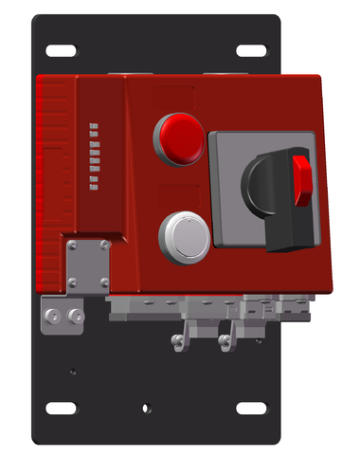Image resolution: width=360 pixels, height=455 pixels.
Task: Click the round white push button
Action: coord(183,235)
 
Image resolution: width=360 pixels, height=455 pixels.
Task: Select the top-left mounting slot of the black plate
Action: coord(63,49)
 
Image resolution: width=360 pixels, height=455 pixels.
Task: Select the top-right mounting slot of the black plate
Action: coord(251,49)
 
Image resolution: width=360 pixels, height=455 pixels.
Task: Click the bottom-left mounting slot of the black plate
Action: coord(63,408)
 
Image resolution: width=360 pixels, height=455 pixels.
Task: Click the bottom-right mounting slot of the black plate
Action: coord(251,408)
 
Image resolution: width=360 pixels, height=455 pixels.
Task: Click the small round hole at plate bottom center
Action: coord(144,409)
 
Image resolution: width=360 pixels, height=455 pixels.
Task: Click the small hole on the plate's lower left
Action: coord(73,372)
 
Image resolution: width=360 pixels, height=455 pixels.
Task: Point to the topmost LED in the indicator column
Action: coord(93,124)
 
